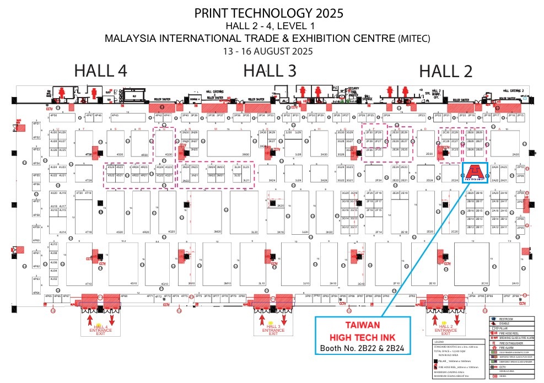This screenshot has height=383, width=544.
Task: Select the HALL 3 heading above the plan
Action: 270,71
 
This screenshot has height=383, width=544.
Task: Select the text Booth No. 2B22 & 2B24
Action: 363,348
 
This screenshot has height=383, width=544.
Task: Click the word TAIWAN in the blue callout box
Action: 363,326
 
